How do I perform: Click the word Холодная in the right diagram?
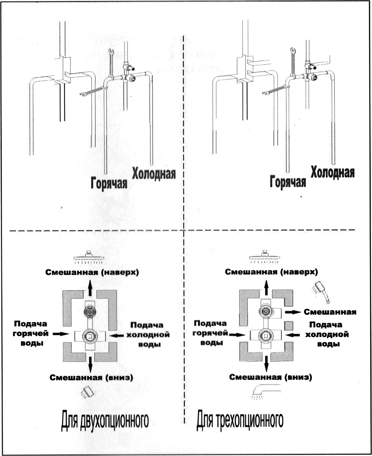click(x=333, y=172)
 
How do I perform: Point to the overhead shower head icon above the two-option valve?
click(x=89, y=257)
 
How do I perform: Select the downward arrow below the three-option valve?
click(x=266, y=364)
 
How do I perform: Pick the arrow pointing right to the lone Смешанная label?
click(x=293, y=312)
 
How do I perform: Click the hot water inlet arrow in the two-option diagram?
click(x=61, y=334)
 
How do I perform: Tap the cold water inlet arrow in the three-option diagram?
click(x=292, y=335)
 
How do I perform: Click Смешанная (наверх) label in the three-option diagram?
click(x=271, y=272)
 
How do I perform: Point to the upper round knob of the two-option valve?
click(x=90, y=311)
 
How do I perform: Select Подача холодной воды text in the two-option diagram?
click(x=148, y=335)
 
